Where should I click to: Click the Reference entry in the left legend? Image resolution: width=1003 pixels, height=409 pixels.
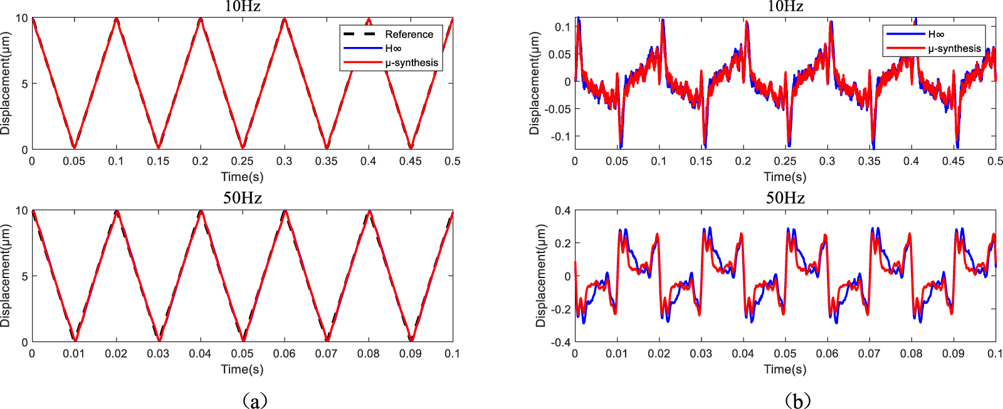pos(409,34)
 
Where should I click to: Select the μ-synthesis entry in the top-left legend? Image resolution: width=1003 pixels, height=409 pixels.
pos(411,63)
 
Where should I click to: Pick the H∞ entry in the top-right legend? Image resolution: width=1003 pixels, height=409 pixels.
pos(936,34)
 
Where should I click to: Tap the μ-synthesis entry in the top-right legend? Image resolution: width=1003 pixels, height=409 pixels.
pos(954,49)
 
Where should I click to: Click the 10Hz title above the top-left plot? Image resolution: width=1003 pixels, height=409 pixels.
pos(242,7)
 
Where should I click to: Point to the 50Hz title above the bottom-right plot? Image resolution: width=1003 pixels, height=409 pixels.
pos(785,198)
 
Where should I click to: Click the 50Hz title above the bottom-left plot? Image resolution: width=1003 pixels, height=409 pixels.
pos(242,198)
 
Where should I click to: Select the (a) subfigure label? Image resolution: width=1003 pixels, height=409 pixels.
pos(254,400)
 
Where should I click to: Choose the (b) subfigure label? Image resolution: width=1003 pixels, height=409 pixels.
pos(797,400)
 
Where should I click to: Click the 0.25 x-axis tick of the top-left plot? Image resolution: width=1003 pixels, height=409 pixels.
pos(242,162)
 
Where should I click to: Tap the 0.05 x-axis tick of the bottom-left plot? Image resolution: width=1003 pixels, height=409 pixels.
pos(242,354)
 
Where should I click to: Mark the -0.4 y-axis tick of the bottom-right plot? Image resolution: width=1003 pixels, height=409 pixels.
pos(561,343)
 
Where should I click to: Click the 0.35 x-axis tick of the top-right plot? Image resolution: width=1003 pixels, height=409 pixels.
pos(869,162)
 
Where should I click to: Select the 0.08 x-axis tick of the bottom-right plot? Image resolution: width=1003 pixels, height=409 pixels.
pos(911,354)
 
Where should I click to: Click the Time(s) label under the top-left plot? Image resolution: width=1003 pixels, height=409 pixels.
pos(242,177)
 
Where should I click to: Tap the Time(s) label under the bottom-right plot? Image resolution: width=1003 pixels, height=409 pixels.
pos(785,369)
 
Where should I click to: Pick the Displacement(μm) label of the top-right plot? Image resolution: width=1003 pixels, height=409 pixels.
pos(534,83)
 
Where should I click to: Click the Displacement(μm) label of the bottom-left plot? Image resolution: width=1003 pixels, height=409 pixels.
pos(6,276)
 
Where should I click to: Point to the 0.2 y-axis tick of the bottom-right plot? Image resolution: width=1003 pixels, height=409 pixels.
pos(563,243)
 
